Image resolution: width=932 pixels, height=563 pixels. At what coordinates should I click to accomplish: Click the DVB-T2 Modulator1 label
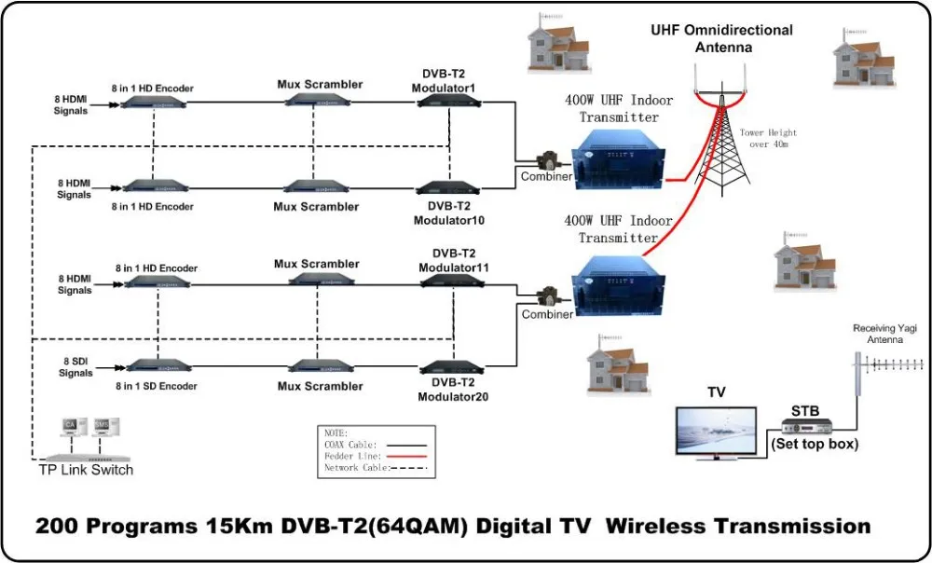point(444,80)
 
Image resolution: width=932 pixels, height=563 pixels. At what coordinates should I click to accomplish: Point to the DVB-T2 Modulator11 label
point(451,260)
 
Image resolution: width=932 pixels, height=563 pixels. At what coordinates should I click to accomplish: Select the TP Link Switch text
point(86,470)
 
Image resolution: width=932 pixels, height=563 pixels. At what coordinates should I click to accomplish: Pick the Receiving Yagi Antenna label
point(878,335)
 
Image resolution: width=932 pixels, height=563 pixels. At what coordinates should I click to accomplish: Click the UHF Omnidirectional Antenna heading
point(721,38)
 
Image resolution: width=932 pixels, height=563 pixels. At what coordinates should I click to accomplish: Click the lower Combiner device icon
point(542,299)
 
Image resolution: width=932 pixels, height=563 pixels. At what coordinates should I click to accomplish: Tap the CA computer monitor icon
point(70,428)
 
